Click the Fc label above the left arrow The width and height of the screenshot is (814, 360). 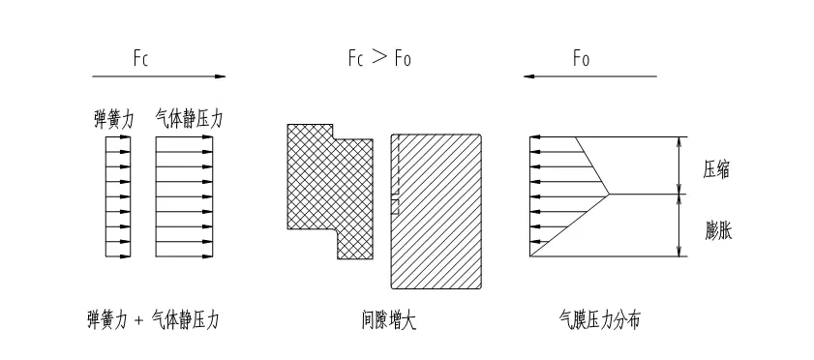pyautogui.click(x=140, y=58)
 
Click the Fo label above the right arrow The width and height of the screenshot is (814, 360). pyautogui.click(x=581, y=58)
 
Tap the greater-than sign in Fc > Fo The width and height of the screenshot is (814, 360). pyautogui.click(x=380, y=57)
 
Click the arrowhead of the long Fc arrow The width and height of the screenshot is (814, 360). pyautogui.click(x=220, y=76)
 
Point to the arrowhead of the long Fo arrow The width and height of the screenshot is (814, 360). pyautogui.click(x=529, y=76)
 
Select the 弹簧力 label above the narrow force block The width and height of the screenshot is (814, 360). pyautogui.click(x=113, y=120)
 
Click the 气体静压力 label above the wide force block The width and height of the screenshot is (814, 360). pyautogui.click(x=189, y=119)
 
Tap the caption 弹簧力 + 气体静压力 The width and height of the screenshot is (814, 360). pyautogui.click(x=153, y=320)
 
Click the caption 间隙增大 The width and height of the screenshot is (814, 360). pyautogui.click(x=389, y=320)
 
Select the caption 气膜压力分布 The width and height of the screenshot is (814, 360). pyautogui.click(x=599, y=320)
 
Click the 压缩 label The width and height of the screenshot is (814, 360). pyautogui.click(x=717, y=169)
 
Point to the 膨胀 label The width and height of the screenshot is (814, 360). pyautogui.click(x=718, y=229)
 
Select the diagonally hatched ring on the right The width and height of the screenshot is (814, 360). pyautogui.click(x=437, y=211)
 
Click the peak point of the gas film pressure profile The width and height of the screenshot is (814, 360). pyautogui.click(x=610, y=195)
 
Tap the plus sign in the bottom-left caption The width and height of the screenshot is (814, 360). pyautogui.click(x=138, y=321)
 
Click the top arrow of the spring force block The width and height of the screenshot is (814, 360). pyautogui.click(x=118, y=137)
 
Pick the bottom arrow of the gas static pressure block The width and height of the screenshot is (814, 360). pyautogui.click(x=184, y=255)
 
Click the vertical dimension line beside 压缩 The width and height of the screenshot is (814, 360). pyautogui.click(x=678, y=166)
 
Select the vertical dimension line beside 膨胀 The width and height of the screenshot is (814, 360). pyautogui.click(x=678, y=225)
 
